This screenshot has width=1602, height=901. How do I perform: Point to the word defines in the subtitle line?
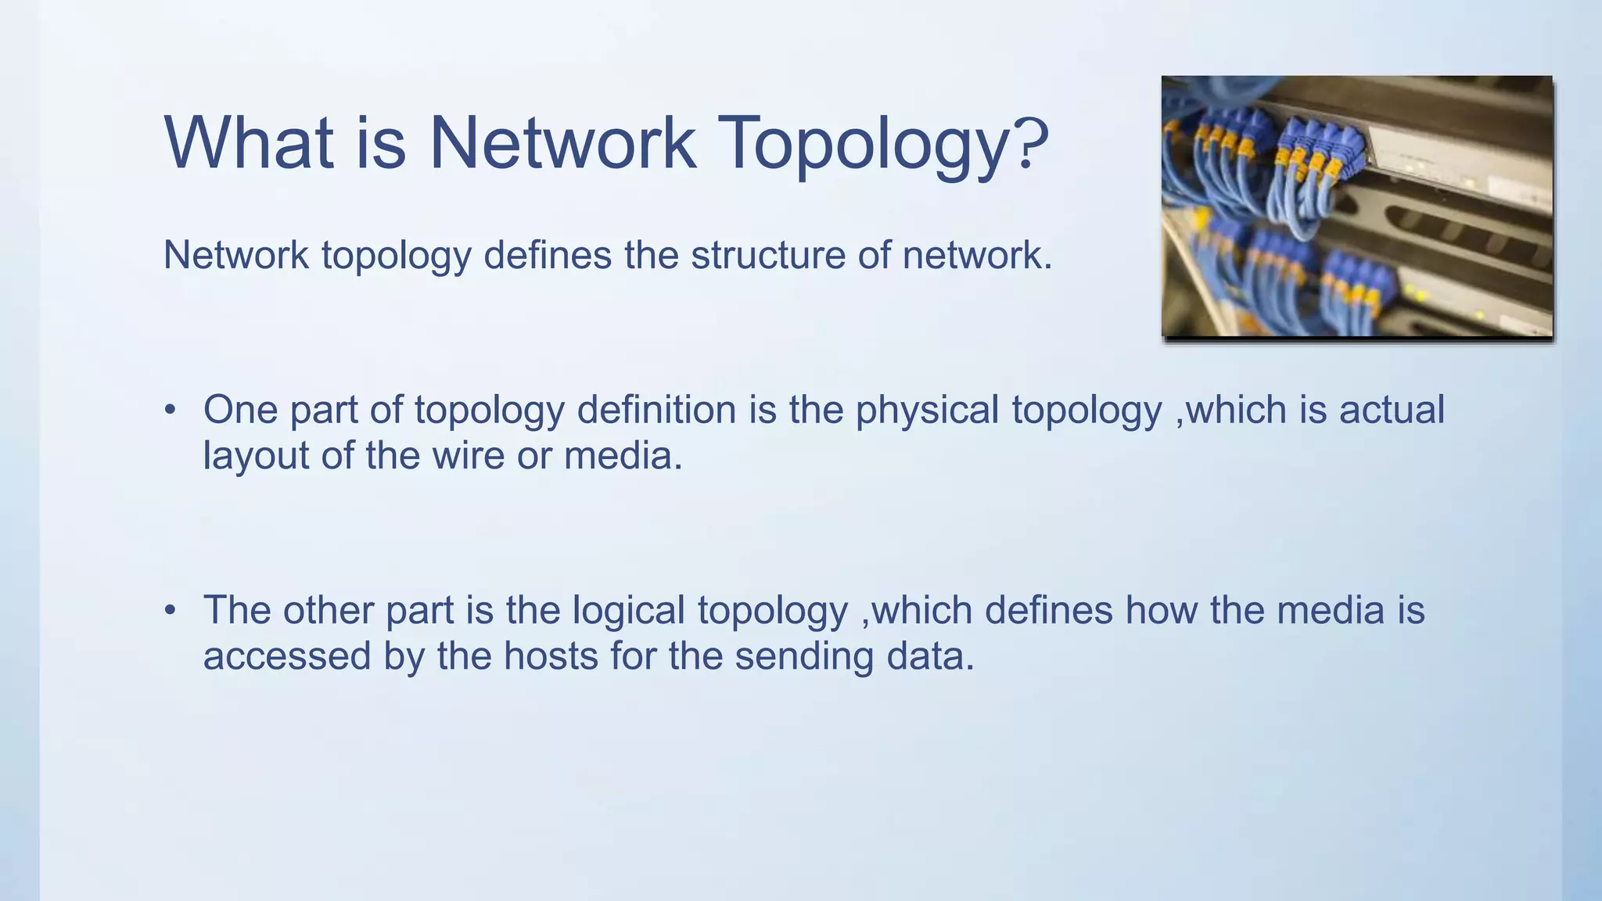click(x=547, y=255)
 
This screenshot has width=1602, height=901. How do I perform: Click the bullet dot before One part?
click(x=171, y=411)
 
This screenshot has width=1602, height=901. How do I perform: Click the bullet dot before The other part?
click(x=171, y=611)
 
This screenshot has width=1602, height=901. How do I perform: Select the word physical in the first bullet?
click(x=927, y=411)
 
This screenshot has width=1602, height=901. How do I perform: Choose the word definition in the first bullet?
click(x=656, y=410)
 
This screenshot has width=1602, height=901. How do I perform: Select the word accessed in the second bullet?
click(x=286, y=655)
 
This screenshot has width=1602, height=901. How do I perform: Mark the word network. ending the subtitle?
click(x=977, y=255)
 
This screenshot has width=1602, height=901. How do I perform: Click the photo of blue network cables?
click(x=1356, y=206)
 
